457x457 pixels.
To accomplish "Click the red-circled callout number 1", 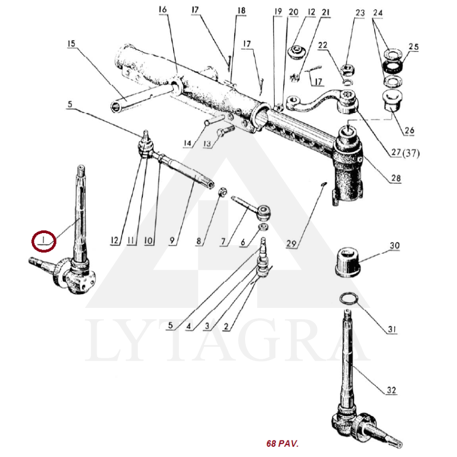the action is tap(43, 240).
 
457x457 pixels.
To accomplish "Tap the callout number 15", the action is tap(71, 44).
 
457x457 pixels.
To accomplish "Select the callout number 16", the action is tap(163, 10).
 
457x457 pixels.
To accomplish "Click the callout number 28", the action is tap(396, 178).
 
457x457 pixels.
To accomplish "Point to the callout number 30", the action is tap(395, 246).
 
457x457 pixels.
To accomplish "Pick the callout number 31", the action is tap(392, 330).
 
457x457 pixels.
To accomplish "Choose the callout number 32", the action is tap(391, 390).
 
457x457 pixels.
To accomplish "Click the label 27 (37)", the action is tap(406, 153).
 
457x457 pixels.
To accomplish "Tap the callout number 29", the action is tap(291, 244).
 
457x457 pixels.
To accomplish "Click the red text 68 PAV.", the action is tap(282, 444).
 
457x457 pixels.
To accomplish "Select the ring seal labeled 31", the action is tap(348, 298).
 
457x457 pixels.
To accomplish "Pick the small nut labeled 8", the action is tap(222, 192).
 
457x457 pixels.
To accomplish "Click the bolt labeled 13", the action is tap(225, 131).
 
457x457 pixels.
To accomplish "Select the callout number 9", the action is tap(173, 240).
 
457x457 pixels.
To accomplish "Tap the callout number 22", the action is tap(323, 45).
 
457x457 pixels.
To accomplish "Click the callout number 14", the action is tap(187, 143).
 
